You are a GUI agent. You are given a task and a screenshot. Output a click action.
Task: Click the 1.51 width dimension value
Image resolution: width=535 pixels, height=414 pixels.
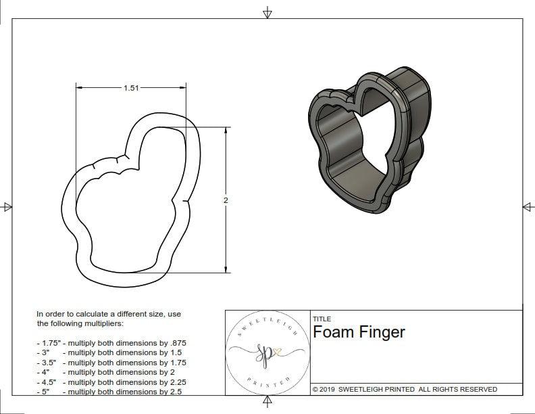coord(132,88)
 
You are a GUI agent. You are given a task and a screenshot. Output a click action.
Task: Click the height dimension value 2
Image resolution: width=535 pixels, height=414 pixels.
coord(226,200)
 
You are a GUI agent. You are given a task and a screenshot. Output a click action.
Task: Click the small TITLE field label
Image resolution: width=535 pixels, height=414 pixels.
coord(322,319)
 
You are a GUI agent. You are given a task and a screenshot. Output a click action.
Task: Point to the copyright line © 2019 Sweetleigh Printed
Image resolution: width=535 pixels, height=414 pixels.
coord(405,389)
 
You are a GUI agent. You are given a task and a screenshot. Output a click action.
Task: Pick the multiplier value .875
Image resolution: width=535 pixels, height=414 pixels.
coord(177,343)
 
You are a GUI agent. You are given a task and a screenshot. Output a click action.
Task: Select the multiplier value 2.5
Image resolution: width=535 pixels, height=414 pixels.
coord(176,391)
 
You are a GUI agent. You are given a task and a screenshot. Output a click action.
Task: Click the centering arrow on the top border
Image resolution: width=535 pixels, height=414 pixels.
coord(267,12)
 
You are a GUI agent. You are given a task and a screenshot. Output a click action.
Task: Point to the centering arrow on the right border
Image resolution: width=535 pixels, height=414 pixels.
coord(528,207)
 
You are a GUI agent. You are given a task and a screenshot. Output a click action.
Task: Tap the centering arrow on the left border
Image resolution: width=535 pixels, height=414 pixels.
coord(7,207)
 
